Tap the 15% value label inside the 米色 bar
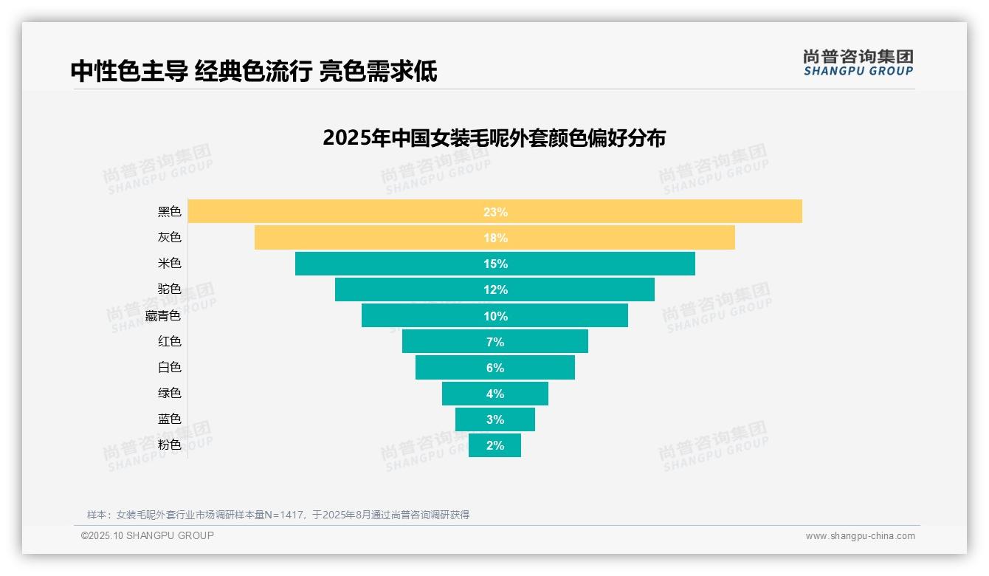tap(495, 264)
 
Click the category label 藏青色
tap(162, 315)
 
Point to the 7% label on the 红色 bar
tap(495, 342)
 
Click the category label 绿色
tap(169, 393)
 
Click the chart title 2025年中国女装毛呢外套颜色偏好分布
tap(494, 138)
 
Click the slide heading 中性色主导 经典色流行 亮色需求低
tap(254, 72)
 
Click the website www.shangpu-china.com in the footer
tap(860, 536)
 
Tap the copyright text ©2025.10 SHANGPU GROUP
tap(148, 535)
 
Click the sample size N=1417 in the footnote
tap(282, 515)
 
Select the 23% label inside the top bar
tap(495, 212)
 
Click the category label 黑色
tap(169, 212)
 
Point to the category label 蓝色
tap(169, 419)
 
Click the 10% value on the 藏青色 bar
tap(495, 316)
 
